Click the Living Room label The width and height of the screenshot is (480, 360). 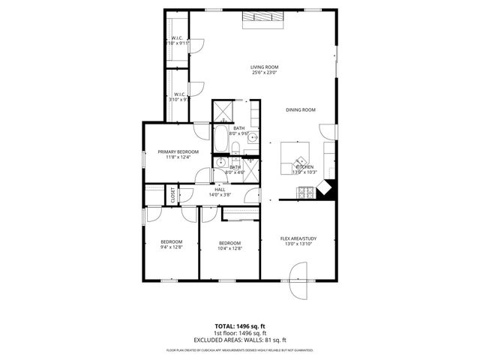point(264,67)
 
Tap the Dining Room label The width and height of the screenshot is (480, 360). point(300,110)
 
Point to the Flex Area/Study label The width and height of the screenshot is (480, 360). point(298,238)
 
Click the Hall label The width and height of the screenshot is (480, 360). point(220,190)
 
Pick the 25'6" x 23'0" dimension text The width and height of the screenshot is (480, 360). point(264,73)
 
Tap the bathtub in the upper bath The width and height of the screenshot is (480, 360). point(222,139)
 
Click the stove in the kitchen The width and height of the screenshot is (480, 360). point(305,193)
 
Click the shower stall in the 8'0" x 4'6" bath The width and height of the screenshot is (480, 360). point(250,166)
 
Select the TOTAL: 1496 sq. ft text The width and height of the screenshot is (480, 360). point(240,326)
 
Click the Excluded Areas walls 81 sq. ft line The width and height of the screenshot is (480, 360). point(240,340)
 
